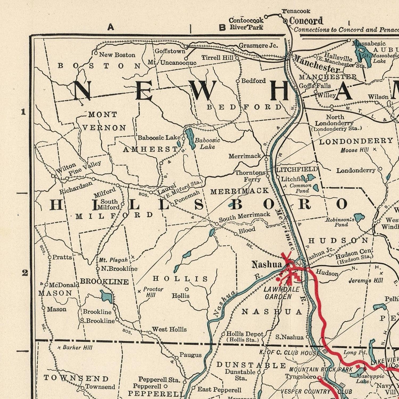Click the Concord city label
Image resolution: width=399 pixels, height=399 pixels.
click(x=306, y=21)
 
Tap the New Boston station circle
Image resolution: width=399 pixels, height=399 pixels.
click(x=96, y=53)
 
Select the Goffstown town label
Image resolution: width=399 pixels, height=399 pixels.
click(x=170, y=51)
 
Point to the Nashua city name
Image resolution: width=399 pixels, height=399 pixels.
click(x=267, y=264)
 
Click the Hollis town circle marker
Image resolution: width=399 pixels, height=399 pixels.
click(x=187, y=289)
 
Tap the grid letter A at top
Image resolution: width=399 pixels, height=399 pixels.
click(x=111, y=27)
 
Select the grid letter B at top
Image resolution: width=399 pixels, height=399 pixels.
click(x=222, y=27)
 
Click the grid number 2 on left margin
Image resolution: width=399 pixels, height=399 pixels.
click(x=25, y=273)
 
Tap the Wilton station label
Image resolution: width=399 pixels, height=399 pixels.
click(x=66, y=168)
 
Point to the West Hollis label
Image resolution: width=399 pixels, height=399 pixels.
click(x=169, y=329)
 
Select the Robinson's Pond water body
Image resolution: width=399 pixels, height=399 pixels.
click(x=359, y=218)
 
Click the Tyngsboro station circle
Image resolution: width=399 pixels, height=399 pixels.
click(x=319, y=377)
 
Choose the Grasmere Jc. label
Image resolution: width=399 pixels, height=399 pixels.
click(x=258, y=45)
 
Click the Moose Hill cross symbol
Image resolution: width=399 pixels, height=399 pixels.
click(x=375, y=149)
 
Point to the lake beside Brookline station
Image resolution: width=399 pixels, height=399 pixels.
click(x=106, y=296)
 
